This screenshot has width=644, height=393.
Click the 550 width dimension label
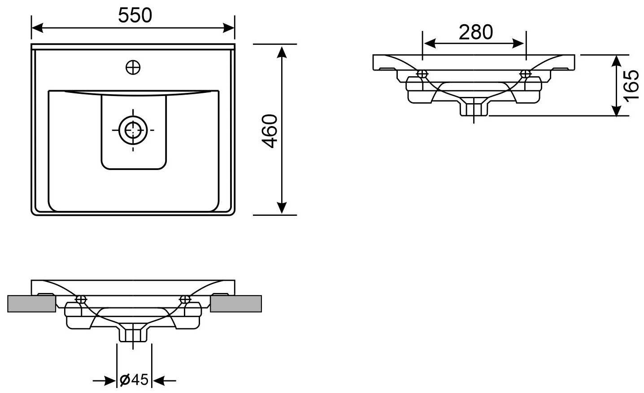point(135,15)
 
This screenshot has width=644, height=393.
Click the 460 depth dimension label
point(270,131)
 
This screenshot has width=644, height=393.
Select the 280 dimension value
point(476,32)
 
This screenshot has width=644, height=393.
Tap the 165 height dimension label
point(631,85)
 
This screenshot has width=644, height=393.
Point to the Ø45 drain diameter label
point(134,380)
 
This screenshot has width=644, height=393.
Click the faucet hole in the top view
point(133,68)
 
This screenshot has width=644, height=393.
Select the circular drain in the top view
point(133,131)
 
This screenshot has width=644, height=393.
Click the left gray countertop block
point(32,304)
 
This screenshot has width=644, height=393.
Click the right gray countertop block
point(236,304)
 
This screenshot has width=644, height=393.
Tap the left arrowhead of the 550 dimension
point(37,28)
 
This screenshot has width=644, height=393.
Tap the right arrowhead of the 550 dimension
point(229,28)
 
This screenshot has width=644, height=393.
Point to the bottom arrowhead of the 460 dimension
point(282,208)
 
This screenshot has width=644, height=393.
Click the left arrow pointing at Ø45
point(104,381)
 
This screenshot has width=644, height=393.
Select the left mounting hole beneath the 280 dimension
point(422,74)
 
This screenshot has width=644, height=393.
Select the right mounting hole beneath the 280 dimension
point(526,74)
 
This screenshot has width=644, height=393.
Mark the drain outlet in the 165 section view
point(474,107)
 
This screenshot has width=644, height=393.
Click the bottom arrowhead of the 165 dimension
point(616,110)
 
